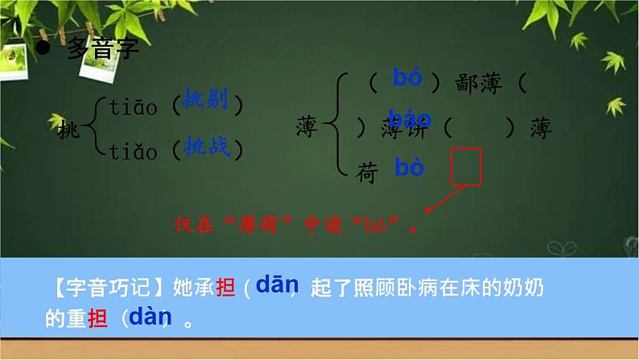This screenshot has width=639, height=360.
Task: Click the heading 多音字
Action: [102, 50]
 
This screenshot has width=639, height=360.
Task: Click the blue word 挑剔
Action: [205, 100]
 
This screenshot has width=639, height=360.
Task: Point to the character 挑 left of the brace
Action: [70, 127]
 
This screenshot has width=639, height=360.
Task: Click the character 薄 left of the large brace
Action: [307, 126]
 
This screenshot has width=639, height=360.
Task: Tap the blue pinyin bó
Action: [408, 77]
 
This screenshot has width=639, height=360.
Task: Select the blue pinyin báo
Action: [410, 120]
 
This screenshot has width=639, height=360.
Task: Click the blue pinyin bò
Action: [410, 168]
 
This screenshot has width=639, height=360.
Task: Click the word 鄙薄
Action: [479, 82]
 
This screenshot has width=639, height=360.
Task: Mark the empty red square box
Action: [467, 166]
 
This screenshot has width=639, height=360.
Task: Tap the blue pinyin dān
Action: [277, 284]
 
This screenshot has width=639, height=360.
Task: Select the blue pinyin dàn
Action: [146, 317]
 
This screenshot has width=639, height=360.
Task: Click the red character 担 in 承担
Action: [228, 288]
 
